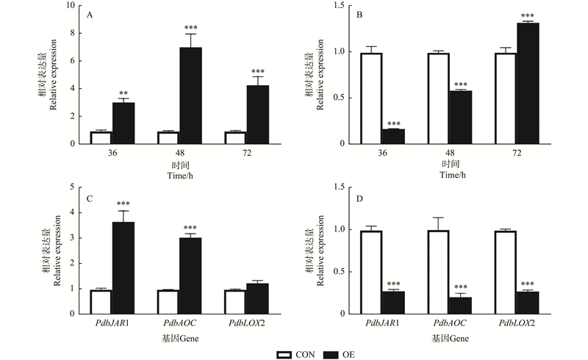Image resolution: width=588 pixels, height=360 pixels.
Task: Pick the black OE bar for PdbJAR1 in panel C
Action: pyautogui.click(x=123, y=267)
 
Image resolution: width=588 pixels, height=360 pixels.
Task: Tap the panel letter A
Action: pyautogui.click(x=90, y=13)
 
